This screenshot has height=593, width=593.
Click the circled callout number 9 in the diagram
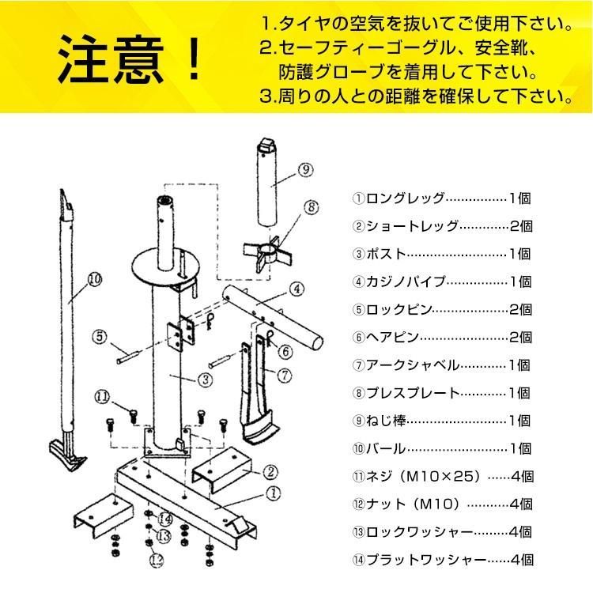(x=308, y=169)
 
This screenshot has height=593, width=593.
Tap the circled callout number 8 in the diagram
(x=311, y=209)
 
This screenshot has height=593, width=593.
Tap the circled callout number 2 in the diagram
(x=270, y=473)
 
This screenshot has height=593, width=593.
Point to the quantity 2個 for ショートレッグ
(x=523, y=226)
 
